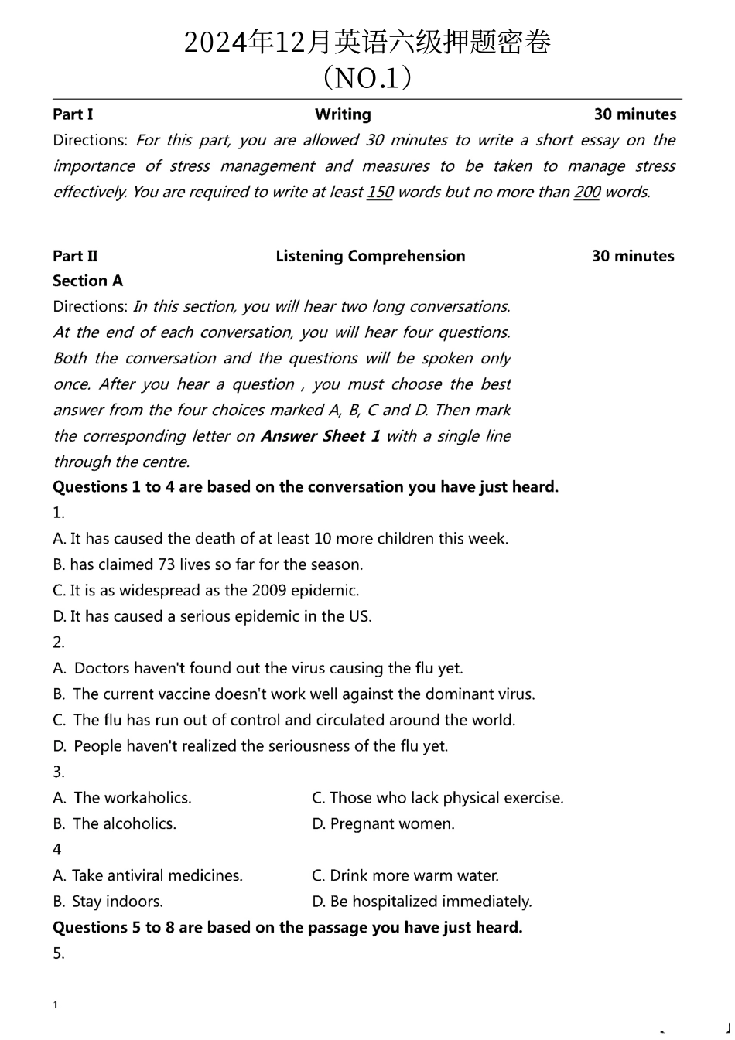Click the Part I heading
point(73,114)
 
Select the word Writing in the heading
point(343,114)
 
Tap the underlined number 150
point(379,192)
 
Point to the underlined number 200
point(586,192)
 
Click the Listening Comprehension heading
point(370,256)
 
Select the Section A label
point(87,281)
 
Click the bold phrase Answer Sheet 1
point(320,436)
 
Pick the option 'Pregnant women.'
point(391,824)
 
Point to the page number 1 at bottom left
point(56,1005)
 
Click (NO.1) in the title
point(367,77)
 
